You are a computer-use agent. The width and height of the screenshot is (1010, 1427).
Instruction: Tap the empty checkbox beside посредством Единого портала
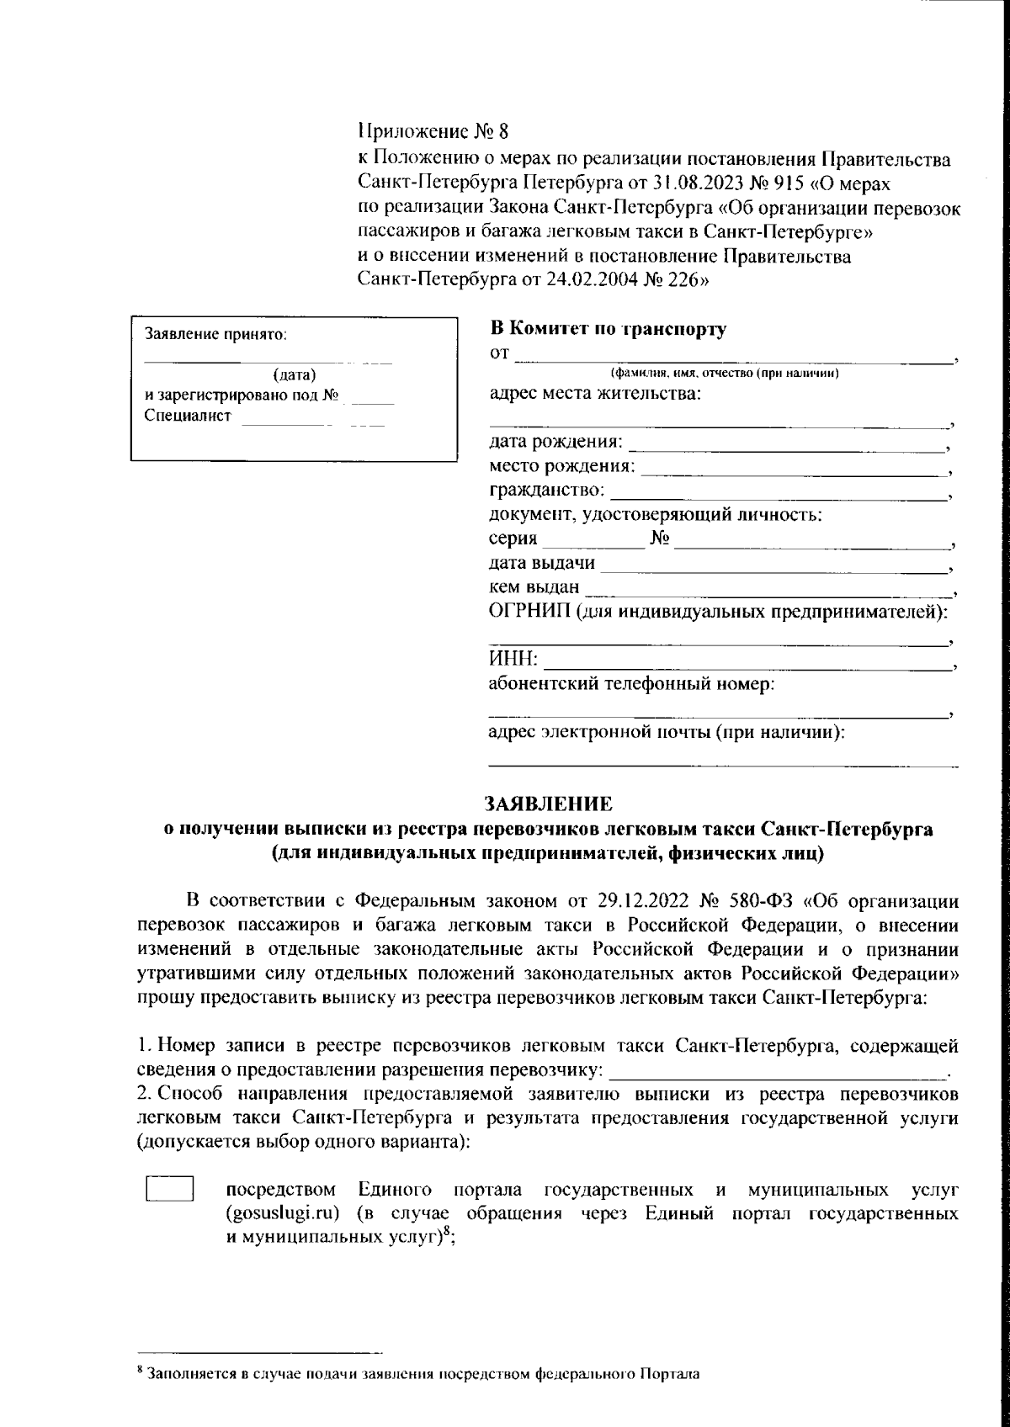click(170, 1189)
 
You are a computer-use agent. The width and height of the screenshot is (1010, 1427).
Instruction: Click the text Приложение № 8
click(433, 131)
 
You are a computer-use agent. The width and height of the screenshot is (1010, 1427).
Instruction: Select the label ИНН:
click(514, 660)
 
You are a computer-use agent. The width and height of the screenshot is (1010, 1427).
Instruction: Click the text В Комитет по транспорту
click(608, 329)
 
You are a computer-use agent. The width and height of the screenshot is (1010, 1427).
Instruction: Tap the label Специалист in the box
click(187, 416)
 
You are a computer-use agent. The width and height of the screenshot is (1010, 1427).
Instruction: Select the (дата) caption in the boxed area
click(295, 375)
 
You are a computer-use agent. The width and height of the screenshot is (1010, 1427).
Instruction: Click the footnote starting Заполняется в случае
click(421, 1375)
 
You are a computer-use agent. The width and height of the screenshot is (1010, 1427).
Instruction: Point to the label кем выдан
click(534, 587)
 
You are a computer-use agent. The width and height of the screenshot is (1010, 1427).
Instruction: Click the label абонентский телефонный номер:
click(631, 684)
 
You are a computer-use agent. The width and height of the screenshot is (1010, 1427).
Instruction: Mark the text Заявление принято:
click(216, 334)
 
